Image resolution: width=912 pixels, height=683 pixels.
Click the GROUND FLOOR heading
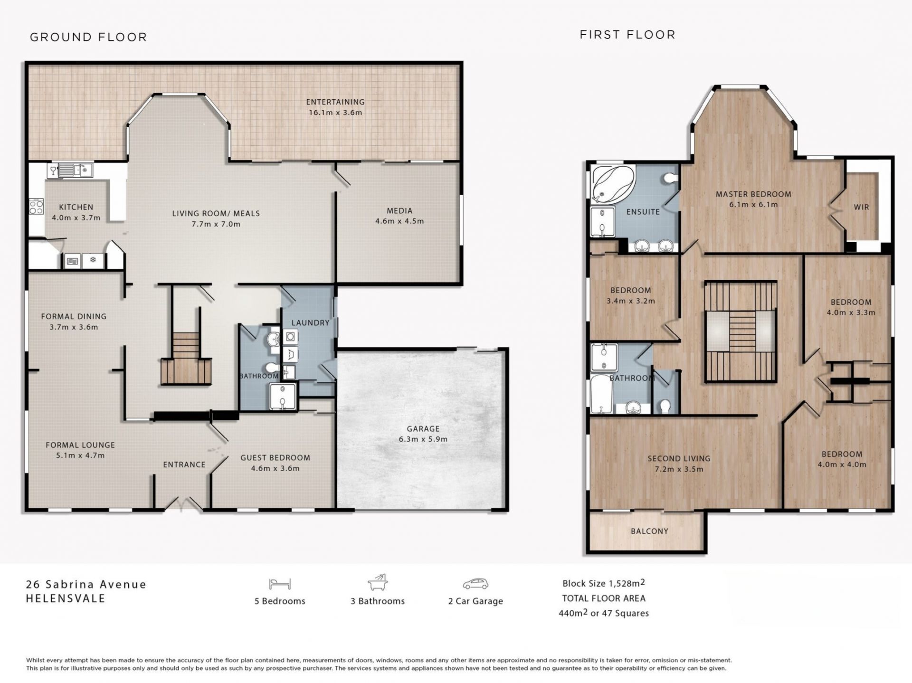pos(88,37)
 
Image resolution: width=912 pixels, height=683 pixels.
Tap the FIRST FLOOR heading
pos(627,35)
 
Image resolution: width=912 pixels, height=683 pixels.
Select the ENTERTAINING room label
pos(335,102)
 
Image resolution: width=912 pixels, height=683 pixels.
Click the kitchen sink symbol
pos(75,170)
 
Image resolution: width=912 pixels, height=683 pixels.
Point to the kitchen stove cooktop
pos(37,207)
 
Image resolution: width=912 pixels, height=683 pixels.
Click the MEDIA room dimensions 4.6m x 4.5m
pos(399,221)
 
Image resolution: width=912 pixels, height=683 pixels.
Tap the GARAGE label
pos(423,428)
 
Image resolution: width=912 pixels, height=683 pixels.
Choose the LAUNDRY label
pos(310,323)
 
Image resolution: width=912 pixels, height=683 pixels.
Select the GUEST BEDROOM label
pos(275,457)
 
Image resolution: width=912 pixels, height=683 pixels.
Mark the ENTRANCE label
pos(184,465)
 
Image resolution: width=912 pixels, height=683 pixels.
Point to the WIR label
pos(861,207)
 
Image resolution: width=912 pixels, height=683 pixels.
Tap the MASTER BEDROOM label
pos(753,194)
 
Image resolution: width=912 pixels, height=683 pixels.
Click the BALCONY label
pos(649,531)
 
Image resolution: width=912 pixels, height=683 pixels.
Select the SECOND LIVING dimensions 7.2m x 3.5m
pos(679,469)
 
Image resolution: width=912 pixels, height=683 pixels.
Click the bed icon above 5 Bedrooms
pos(280,584)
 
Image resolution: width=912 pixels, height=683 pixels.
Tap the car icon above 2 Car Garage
pos(475,584)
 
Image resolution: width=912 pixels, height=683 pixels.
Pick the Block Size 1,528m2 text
pos(604,583)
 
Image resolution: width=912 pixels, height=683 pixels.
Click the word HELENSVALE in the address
pos(66,598)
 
